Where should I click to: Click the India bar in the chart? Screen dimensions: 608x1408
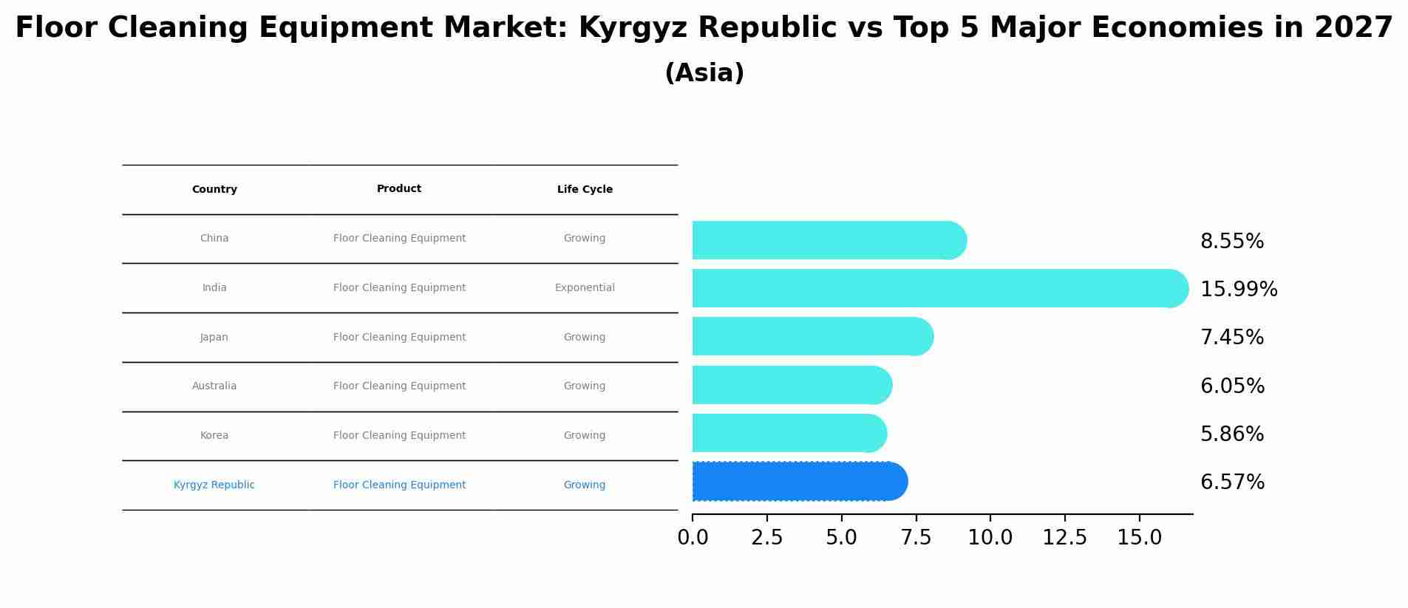(939, 288)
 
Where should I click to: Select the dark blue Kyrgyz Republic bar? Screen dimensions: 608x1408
(798, 482)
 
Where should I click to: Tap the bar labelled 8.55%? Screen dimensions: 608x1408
(828, 240)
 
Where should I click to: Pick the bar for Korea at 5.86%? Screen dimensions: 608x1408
(788, 433)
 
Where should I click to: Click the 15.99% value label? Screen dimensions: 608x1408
(1238, 290)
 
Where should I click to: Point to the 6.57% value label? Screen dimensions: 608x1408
(1232, 482)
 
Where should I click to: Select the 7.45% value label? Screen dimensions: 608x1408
(1231, 338)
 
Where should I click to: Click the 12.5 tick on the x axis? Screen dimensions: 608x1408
(1064, 538)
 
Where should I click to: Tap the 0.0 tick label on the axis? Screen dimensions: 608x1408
(693, 538)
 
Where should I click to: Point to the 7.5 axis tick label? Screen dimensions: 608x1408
(916, 538)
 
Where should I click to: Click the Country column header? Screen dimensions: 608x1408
(214, 190)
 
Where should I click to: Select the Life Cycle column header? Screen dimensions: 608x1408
(585, 190)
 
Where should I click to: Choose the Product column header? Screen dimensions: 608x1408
(399, 189)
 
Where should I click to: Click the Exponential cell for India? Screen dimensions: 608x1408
(585, 288)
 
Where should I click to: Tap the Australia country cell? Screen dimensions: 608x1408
(214, 386)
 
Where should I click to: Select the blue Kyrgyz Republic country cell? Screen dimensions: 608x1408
(214, 485)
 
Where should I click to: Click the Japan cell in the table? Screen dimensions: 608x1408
(214, 338)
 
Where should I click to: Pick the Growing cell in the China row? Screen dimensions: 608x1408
(585, 239)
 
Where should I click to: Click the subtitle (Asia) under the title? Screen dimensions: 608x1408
(704, 73)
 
